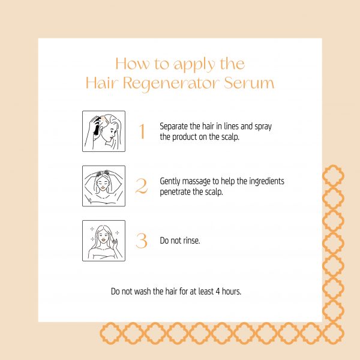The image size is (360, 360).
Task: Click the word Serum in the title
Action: point(249,83)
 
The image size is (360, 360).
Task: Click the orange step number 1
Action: point(142,131)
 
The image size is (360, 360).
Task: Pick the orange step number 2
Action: point(142,186)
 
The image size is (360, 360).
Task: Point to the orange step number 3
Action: point(142,241)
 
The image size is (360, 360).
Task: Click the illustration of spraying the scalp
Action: point(104,131)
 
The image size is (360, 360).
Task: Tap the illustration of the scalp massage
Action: point(104,186)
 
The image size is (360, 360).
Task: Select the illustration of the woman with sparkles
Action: point(104,241)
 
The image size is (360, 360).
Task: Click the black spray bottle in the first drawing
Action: point(97,128)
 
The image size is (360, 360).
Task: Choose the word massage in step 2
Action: point(196,182)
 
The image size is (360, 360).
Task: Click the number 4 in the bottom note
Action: point(218,292)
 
